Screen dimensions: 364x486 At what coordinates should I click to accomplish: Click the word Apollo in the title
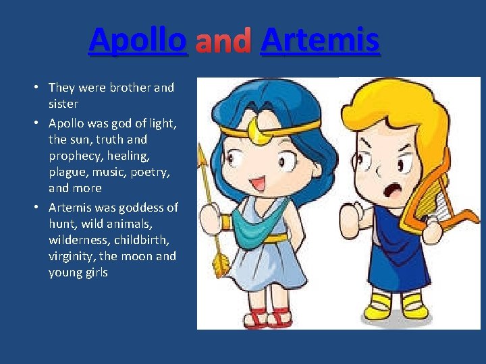tap(137, 40)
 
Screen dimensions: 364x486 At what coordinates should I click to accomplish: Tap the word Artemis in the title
tap(319, 40)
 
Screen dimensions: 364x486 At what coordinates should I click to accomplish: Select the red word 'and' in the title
tap(223, 41)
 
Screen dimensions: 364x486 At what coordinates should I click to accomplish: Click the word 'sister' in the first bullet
tap(63, 104)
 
